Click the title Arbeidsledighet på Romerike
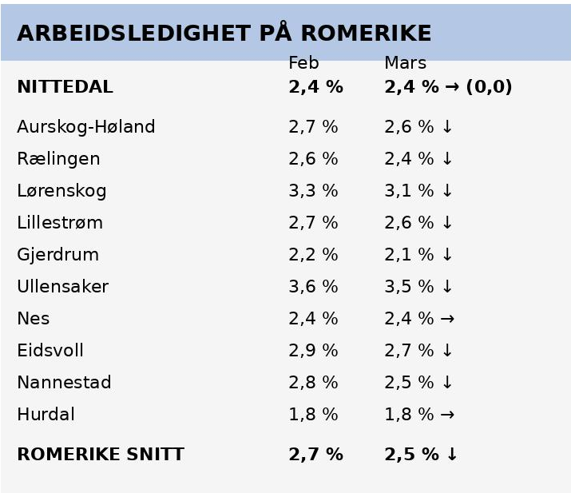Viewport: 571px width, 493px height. pos(224,34)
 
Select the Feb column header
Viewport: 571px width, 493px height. pos(303,63)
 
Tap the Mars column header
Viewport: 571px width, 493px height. pos(405,63)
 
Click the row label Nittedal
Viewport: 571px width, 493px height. pos(65,87)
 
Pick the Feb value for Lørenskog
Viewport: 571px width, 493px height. pos(313,191)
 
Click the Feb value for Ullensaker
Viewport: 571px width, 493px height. pos(313,287)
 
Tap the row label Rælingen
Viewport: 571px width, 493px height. pos(58,159)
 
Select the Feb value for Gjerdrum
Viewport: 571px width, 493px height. pos(313,255)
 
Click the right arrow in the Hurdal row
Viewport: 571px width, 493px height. pos(447,415)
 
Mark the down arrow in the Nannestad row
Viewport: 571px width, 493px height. pos(447,383)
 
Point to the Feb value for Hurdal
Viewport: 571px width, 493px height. pos(313,415)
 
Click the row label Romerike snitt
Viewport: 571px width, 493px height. pos(100,455)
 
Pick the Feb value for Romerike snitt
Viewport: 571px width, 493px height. pos(315,455)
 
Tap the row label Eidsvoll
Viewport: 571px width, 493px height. pos(50,351)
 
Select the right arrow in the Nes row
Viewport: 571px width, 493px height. pos(447,319)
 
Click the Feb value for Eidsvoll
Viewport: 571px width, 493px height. pos(313,351)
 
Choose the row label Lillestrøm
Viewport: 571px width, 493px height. pos(60,223)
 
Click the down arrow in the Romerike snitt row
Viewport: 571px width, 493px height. pos(452,455)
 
